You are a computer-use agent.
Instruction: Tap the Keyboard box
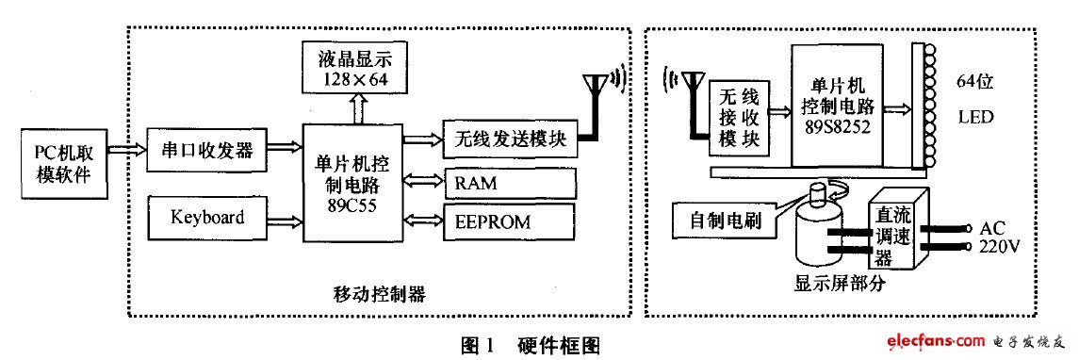pyautogui.click(x=206, y=218)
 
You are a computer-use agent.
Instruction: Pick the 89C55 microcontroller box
pyautogui.click(x=351, y=180)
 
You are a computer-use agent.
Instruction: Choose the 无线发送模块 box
pyautogui.click(x=510, y=139)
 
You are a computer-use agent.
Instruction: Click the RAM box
pyautogui.click(x=510, y=182)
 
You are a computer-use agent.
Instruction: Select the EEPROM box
pyautogui.click(x=510, y=222)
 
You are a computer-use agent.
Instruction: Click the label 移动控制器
pyautogui.click(x=380, y=295)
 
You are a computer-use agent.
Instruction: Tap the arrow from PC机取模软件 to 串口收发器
pyautogui.click(x=124, y=150)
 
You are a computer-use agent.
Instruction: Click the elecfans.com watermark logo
pyautogui.click(x=974, y=341)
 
